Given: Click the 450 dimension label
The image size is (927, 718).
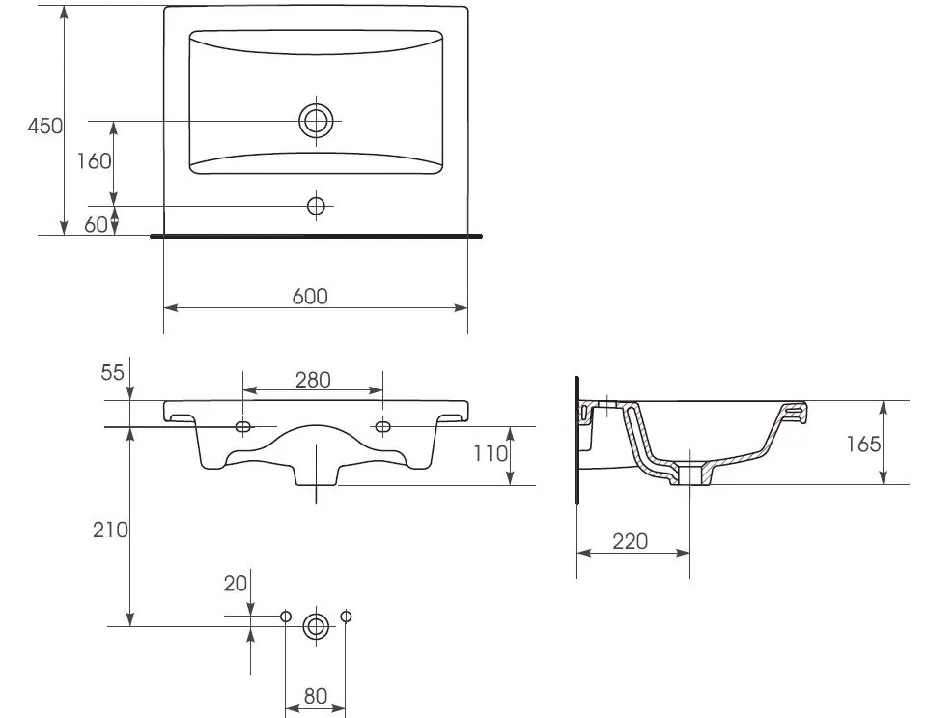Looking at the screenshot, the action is point(45,126).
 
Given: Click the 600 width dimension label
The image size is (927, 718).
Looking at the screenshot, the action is point(310,297).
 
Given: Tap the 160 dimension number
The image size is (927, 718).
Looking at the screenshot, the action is point(94,160).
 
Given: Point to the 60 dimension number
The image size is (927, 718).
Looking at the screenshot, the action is point(96,225).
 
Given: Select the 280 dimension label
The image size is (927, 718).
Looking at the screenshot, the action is point(313,380).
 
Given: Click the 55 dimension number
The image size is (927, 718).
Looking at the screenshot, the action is point(112,373).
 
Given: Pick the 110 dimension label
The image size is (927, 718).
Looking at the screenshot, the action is point(491,453).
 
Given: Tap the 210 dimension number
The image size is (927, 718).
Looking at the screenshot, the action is point(110,530).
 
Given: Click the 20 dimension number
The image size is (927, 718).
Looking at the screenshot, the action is point(236,584).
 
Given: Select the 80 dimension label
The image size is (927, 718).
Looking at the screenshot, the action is point(315,696).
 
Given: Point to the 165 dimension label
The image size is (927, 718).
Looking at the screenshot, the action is point(863,445).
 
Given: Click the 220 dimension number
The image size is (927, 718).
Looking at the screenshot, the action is point(631,541).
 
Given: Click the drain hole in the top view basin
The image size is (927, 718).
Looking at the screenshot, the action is point(317,121).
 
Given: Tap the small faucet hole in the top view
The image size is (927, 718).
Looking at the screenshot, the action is point(317,206).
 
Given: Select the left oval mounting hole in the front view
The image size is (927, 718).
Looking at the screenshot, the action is point(243,426).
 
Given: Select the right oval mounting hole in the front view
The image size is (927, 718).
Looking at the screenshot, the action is point(382,426).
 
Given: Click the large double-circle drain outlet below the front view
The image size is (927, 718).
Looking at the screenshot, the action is point(316,626).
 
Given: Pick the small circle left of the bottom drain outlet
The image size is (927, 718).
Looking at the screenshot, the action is point(286,617).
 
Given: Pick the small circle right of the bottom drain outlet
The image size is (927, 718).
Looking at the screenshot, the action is point(346,617).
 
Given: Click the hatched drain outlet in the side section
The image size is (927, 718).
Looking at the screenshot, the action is point(690,474).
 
